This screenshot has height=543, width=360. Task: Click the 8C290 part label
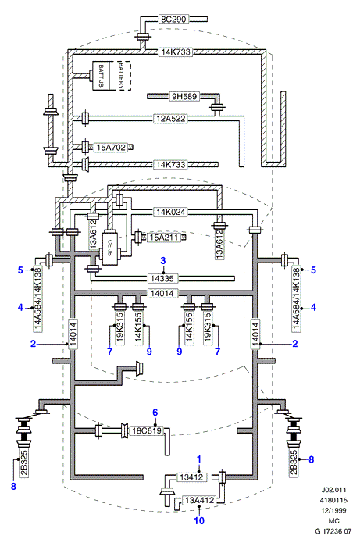173,20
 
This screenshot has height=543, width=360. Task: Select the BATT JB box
101,77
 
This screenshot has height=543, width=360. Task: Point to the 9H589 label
184,96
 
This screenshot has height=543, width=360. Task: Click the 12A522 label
171,119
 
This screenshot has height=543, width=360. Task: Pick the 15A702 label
111,148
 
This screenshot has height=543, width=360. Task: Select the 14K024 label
171,212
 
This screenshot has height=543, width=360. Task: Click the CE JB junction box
110,248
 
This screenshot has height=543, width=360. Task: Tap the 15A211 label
164,238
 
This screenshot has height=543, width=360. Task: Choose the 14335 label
162,278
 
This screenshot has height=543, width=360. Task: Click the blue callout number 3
163,261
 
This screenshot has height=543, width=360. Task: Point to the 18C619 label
147,430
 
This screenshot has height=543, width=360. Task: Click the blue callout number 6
155,413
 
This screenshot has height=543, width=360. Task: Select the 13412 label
192,477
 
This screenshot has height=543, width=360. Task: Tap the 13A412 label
199,500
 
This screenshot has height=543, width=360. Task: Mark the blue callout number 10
199,520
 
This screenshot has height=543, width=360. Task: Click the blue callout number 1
199,459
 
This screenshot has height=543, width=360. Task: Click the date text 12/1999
333,510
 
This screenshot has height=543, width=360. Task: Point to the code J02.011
333,490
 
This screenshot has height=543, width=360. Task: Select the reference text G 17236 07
333,530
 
